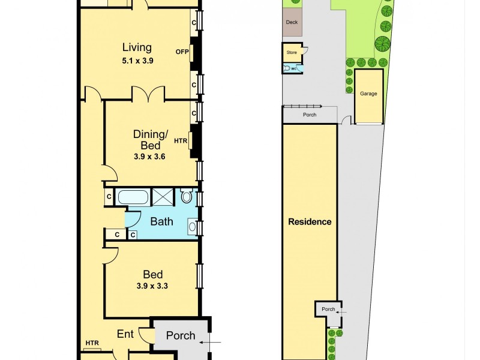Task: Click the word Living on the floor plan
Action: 137,47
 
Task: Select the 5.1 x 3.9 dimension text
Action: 137,60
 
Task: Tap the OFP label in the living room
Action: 182,52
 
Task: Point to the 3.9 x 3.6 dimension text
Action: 149,157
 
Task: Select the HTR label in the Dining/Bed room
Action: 181,142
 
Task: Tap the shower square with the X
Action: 162,197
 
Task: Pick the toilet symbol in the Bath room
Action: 186,196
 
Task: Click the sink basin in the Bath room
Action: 191,226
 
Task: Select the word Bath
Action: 161,221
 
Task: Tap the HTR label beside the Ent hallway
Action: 92,343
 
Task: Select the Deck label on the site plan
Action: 292,22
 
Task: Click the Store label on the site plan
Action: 292,53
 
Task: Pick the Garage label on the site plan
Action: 368,94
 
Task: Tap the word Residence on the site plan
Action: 310,222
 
